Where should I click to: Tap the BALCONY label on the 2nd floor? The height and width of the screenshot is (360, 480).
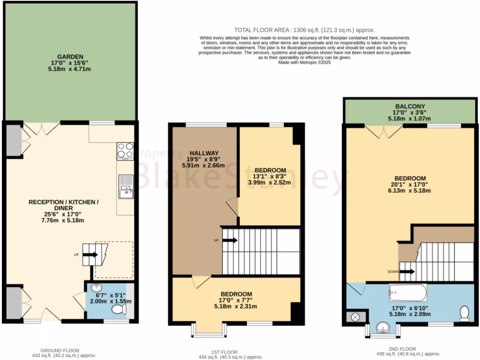pos(410,106)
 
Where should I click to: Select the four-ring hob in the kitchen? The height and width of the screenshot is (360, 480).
pos(125,151)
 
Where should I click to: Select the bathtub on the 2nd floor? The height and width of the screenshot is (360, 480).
pos(407,293)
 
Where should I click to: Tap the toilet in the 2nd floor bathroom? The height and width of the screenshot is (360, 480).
pos(464,313)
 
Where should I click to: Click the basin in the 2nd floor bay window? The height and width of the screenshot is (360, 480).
pos(383,326)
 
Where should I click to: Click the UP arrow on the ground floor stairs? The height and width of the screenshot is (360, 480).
pos(90,255)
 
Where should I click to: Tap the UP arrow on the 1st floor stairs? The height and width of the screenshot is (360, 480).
pos(229,240)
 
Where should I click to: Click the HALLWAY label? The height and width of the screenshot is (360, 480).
pos(204,153)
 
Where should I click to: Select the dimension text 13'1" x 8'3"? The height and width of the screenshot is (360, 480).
pos(270,176)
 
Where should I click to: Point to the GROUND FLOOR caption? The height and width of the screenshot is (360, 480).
pos(60,350)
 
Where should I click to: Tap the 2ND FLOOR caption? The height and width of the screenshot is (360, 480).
pos(402,349)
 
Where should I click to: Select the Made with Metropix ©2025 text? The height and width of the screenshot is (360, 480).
pos(304,62)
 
